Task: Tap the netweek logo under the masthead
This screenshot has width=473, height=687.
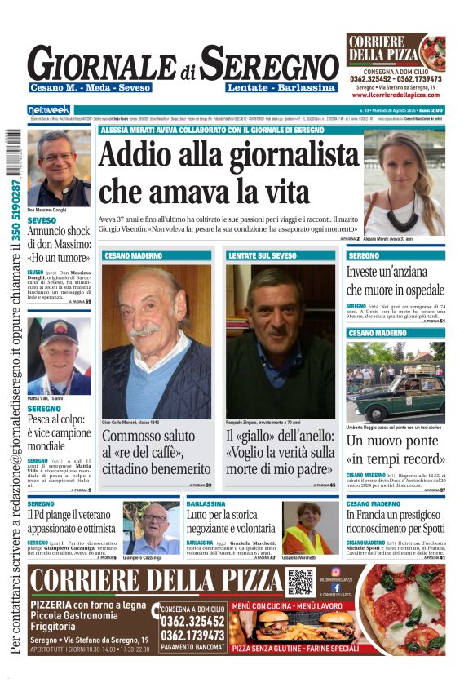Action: pos(49,109)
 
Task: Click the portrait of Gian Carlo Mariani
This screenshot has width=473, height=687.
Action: pos(156,342)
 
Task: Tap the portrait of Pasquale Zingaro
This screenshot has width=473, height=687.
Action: pos(280,342)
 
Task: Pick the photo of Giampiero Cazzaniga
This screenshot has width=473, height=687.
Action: pos(152,528)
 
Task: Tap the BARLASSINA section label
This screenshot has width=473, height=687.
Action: pos(206,504)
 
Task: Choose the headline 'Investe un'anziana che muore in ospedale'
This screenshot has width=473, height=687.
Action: pos(395,280)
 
